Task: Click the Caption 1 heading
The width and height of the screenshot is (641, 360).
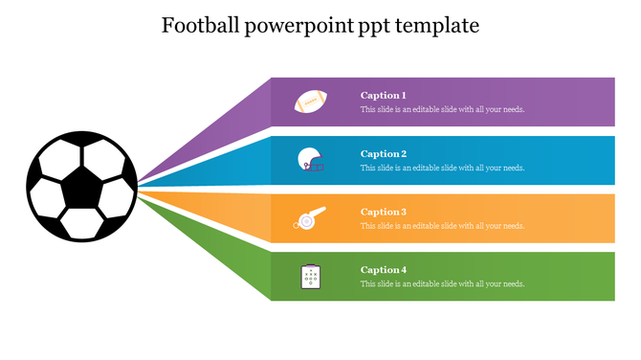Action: pyautogui.click(x=384, y=96)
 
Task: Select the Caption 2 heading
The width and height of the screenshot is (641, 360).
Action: pyautogui.click(x=384, y=154)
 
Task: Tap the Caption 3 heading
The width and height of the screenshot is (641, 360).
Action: pyautogui.click(x=384, y=213)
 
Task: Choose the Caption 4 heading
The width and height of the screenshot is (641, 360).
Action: pyautogui.click(x=384, y=270)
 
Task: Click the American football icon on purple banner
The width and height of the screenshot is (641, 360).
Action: pyautogui.click(x=310, y=101)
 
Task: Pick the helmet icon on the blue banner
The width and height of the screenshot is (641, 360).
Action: pyautogui.click(x=310, y=160)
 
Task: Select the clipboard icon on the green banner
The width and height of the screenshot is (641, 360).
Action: pyautogui.click(x=310, y=277)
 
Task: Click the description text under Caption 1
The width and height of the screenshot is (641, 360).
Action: pyautogui.click(x=442, y=110)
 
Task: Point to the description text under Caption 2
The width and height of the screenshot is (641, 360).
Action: pyautogui.click(x=442, y=169)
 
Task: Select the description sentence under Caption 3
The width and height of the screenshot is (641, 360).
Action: pyautogui.click(x=442, y=227)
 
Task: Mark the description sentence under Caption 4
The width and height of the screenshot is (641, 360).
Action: pyautogui.click(x=442, y=284)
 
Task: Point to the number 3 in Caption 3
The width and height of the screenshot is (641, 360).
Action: pyautogui.click(x=404, y=213)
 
